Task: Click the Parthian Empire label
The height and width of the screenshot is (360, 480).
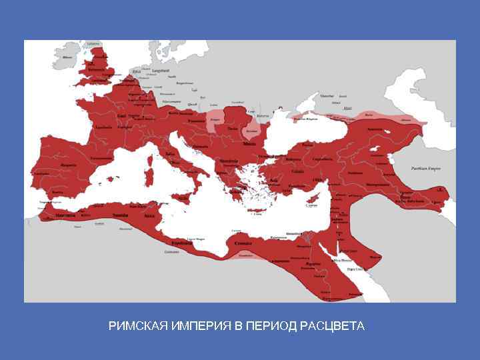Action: click(x=426, y=169)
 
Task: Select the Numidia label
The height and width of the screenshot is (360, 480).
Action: click(x=121, y=215)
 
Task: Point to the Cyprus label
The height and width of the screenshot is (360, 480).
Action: click(x=311, y=206)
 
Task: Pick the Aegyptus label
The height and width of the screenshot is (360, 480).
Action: click(x=313, y=264)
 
